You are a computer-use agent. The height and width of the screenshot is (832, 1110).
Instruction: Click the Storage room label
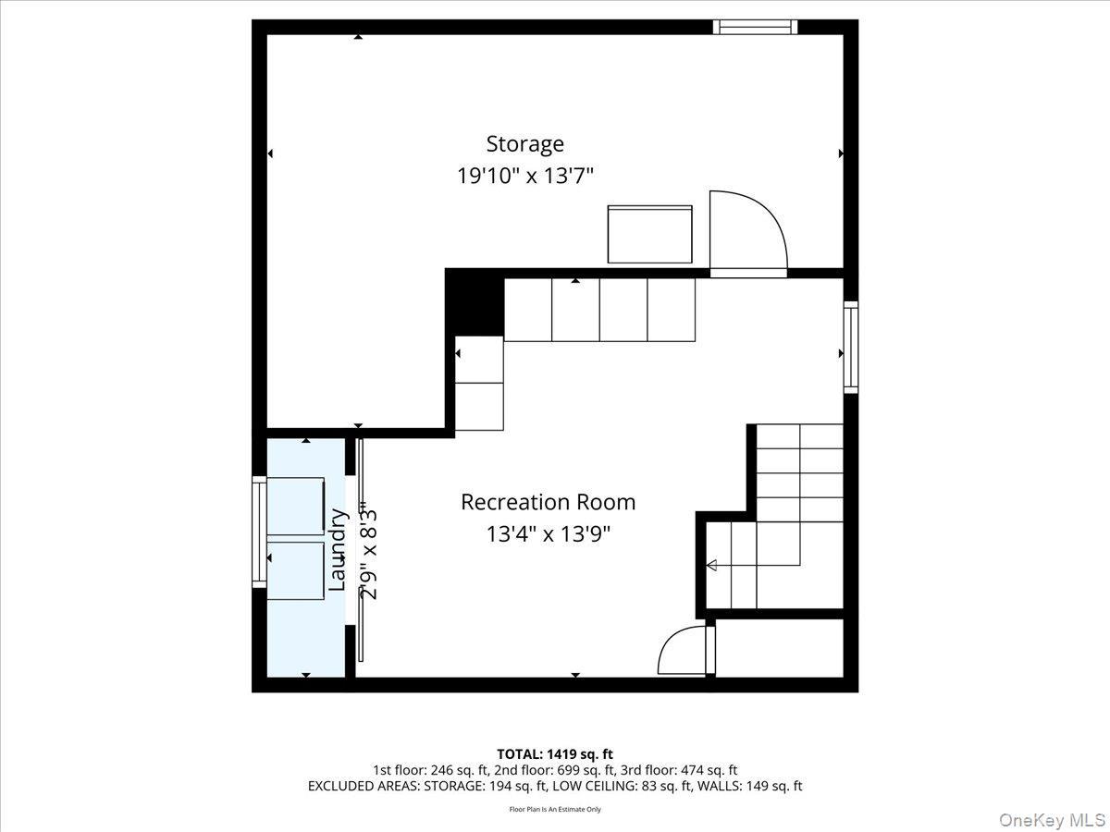coord(524,144)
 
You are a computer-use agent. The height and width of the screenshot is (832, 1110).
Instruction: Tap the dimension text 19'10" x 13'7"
coord(524,176)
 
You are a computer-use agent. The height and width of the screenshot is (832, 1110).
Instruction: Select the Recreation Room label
coord(548,502)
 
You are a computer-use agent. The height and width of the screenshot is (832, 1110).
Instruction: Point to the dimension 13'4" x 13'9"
coord(548,533)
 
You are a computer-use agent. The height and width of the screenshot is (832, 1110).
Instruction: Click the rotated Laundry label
coord(339,549)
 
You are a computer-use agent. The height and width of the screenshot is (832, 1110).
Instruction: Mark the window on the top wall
coord(755,27)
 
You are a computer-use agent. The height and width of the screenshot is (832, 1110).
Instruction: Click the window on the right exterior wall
coord(850,348)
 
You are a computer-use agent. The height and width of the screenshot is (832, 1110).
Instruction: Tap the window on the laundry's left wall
coord(259,532)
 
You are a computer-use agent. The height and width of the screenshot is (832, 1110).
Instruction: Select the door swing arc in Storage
coord(747,231)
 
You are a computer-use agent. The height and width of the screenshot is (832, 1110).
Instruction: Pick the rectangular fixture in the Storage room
coord(649,235)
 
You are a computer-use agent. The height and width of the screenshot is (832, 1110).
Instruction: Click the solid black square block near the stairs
coord(475,302)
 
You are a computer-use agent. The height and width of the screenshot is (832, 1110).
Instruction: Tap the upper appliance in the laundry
coord(296,507)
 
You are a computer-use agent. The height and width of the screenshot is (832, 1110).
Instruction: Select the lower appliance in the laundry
coord(296,570)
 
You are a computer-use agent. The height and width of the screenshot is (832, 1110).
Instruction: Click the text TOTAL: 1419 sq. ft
coord(554,754)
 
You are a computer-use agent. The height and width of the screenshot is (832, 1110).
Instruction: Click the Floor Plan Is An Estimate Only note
coord(554,809)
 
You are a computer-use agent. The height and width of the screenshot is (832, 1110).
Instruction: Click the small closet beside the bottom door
coord(779,649)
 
